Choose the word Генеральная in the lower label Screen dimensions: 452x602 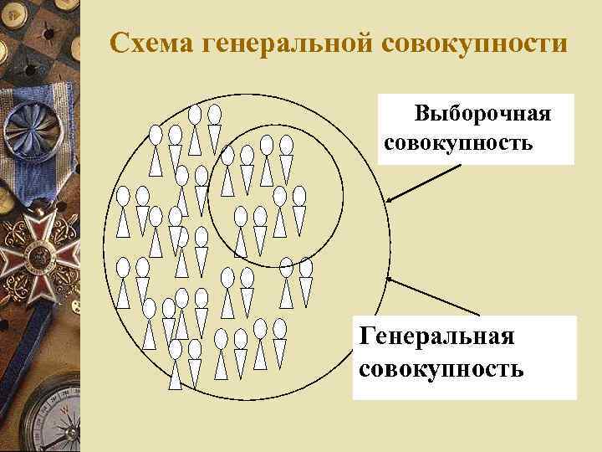click(436, 336)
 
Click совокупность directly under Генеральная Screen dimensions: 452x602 click(441, 368)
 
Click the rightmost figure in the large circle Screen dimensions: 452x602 click(306, 280)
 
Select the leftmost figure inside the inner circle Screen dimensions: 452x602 click(227, 172)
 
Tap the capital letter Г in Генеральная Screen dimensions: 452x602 click(365, 336)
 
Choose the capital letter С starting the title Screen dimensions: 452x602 click(118, 42)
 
